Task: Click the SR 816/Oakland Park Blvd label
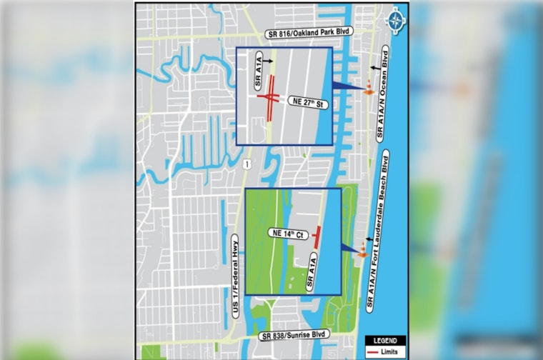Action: (301, 34)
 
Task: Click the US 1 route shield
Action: (246, 164)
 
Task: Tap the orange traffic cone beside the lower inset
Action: (364, 249)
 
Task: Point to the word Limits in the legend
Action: (394, 351)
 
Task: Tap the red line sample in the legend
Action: (374, 351)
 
